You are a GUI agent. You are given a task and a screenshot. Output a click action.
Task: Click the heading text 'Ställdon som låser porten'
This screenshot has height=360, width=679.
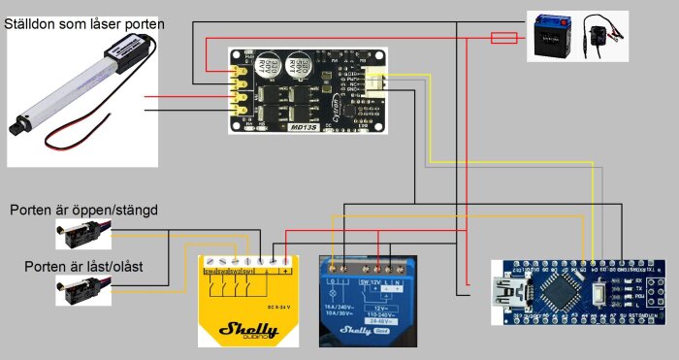click(84, 22)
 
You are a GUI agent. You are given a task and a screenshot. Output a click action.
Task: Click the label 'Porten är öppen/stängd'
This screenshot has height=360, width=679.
click(83, 210)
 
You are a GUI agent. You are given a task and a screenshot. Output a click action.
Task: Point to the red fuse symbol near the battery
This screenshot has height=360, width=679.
click(503, 38)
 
